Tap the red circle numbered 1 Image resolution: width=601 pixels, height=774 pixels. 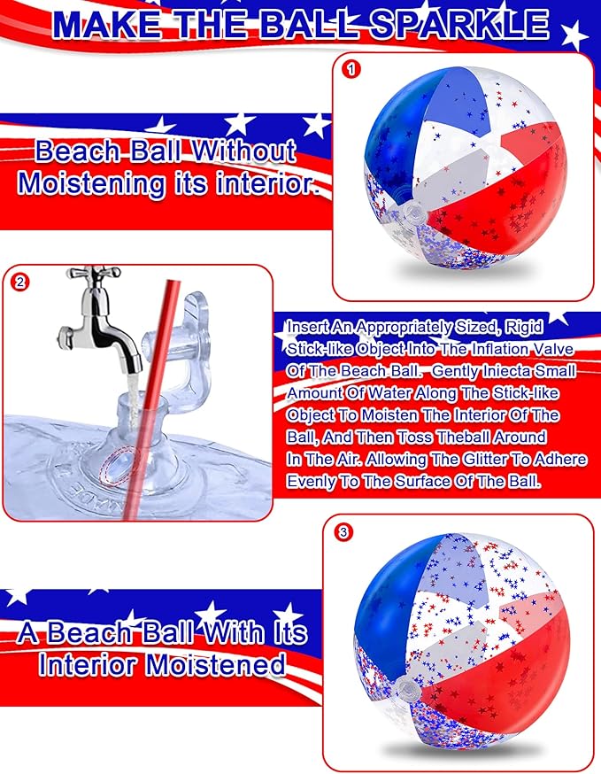[x=351, y=69]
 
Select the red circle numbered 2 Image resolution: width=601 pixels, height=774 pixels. [x=19, y=283]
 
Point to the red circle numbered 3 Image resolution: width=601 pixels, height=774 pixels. [x=343, y=532]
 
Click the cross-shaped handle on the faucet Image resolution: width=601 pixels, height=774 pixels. [x=94, y=272]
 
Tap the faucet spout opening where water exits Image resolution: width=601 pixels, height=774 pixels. [x=133, y=371]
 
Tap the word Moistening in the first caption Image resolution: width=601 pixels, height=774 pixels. [x=91, y=183]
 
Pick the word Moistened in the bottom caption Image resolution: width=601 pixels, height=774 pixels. [x=215, y=664]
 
